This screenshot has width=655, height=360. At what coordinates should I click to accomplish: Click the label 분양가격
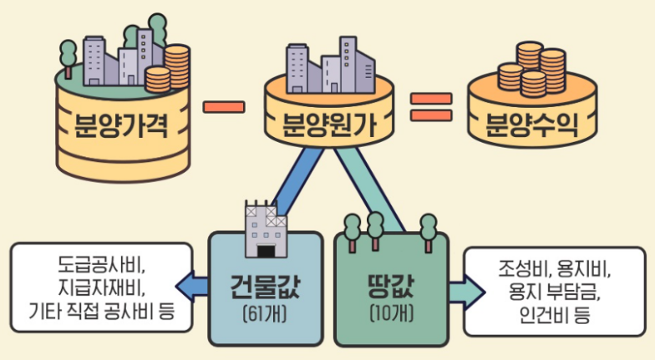click(122, 129)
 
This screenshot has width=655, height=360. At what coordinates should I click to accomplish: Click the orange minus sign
click(224, 106)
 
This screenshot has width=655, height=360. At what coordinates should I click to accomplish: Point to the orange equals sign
click(431, 107)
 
